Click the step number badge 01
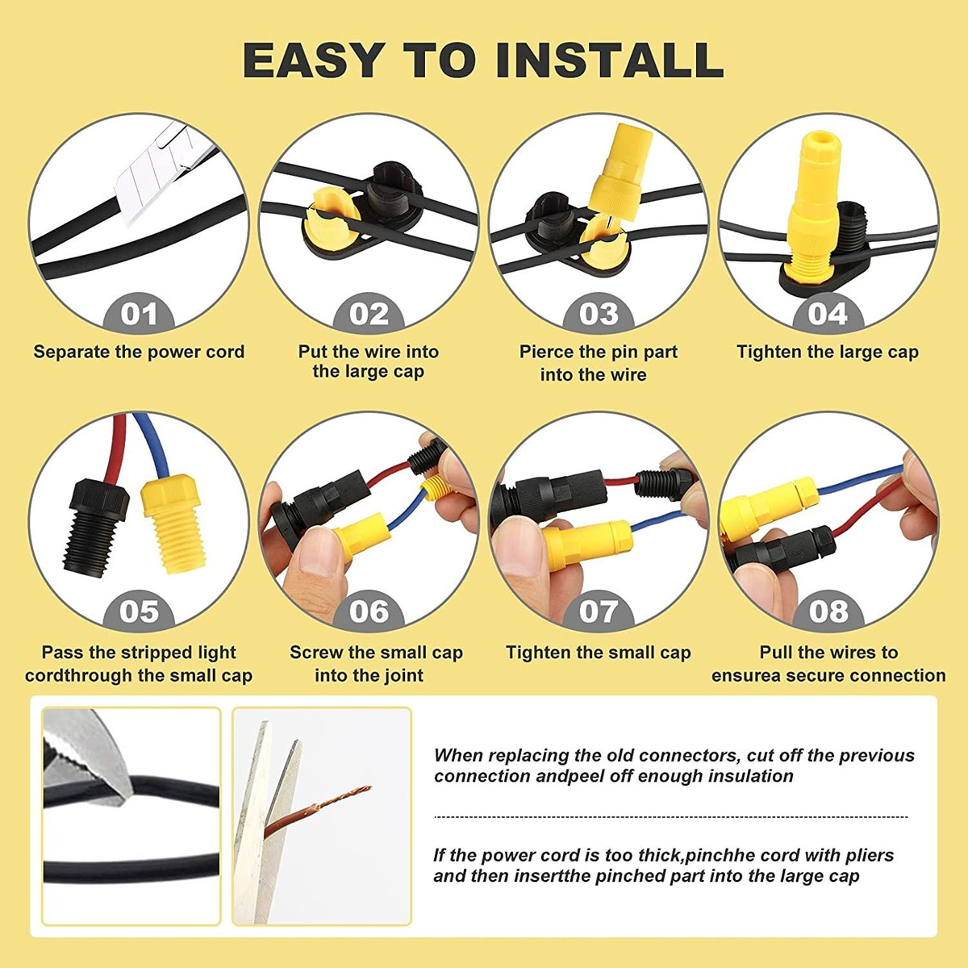(139, 314)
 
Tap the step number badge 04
(828, 314)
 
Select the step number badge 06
(369, 611)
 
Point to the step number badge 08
(828, 611)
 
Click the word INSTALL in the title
(610, 60)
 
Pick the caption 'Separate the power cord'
(139, 352)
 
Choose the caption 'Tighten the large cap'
(828, 352)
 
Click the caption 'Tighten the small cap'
(599, 653)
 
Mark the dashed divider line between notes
(671, 817)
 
